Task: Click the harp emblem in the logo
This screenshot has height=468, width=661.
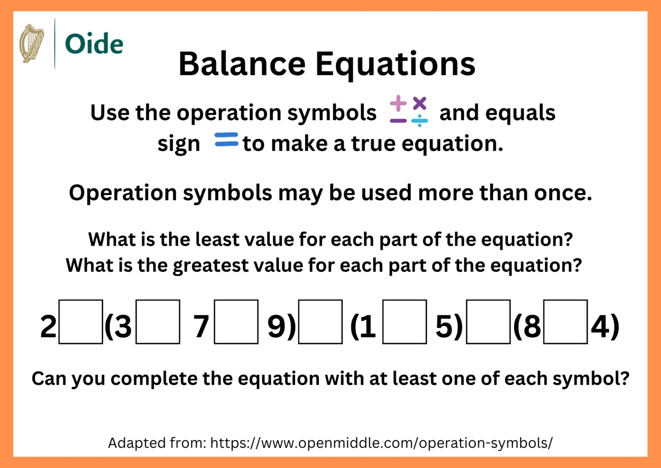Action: pyautogui.click(x=31, y=43)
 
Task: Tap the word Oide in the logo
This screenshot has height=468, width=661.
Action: pyautogui.click(x=94, y=44)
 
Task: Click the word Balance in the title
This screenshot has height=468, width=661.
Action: pyautogui.click(x=242, y=64)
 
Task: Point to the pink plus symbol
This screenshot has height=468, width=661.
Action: pyautogui.click(x=398, y=104)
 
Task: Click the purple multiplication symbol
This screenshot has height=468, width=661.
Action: pyautogui.click(x=420, y=103)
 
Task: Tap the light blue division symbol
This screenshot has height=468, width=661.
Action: pyautogui.click(x=420, y=120)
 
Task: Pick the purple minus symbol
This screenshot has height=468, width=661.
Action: pyautogui.click(x=398, y=120)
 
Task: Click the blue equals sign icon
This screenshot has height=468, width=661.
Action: pyautogui.click(x=227, y=139)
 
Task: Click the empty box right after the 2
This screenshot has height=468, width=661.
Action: pyautogui.click(x=81, y=322)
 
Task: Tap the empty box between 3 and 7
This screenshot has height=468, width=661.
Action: pyautogui.click(x=158, y=322)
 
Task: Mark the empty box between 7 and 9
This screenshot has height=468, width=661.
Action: pyautogui.click(x=236, y=322)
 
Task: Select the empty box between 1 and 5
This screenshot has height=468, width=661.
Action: pyautogui.click(x=405, y=322)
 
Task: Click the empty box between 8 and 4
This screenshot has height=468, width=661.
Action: pyautogui.click(x=565, y=322)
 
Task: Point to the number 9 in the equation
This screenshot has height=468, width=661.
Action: pyautogui.click(x=277, y=326)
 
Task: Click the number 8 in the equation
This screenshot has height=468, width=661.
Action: pyautogui.click(x=532, y=326)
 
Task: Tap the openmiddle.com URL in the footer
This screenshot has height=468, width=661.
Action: pyautogui.click(x=381, y=442)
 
